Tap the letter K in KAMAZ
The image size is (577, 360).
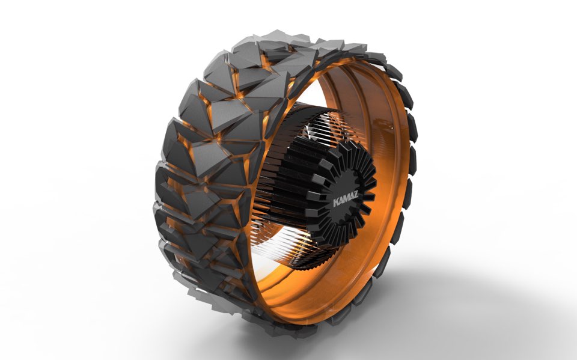pos(335,203)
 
